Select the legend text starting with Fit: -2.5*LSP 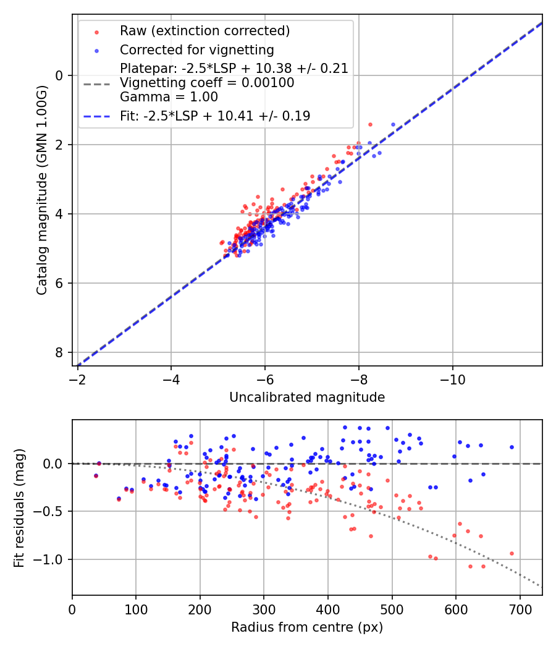(215, 116)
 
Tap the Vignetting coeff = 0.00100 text (207, 83)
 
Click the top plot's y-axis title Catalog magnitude (41, 190)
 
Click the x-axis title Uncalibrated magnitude (307, 397)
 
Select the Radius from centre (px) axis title (307, 627)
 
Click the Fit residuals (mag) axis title (19, 507)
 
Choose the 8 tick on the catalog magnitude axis (60, 352)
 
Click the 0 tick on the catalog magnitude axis (60, 75)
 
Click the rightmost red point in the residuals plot (512, 553)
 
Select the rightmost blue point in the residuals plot (512, 447)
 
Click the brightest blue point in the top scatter (393, 125)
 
